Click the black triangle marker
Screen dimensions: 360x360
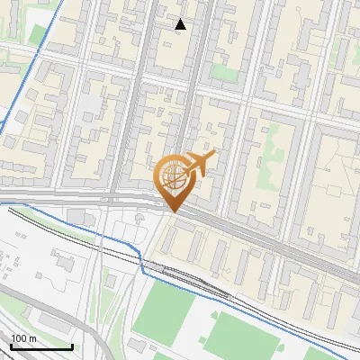tap(181, 24)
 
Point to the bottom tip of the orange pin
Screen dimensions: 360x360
tap(172, 211)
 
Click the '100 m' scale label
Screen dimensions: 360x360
tap(23, 338)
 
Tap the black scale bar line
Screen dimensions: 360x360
tap(41, 346)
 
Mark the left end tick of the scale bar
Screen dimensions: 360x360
tap(11, 345)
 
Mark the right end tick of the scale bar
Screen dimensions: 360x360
tap(72, 345)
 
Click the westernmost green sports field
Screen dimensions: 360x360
tap(168, 310)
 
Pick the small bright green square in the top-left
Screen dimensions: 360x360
tap(38, 34)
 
